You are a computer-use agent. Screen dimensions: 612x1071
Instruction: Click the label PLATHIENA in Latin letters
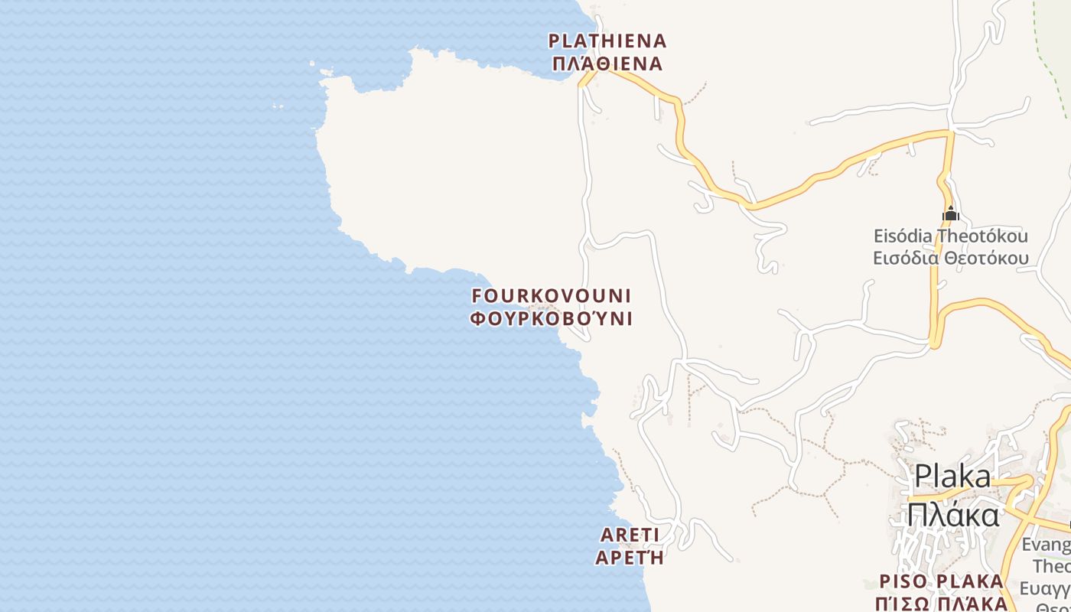coord(607,41)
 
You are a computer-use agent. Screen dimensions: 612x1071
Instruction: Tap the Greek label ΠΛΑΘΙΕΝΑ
coord(607,63)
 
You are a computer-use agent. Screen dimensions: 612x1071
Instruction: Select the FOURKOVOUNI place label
coord(552,295)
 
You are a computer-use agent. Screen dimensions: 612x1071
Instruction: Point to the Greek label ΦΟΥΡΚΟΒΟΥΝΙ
coord(552,318)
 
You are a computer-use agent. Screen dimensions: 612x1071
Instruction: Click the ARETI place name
coord(630,534)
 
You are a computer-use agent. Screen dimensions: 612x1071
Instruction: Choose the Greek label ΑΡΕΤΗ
coord(630,558)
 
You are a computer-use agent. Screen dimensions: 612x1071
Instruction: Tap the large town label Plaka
coord(952,477)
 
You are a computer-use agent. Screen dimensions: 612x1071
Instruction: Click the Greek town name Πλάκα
coord(952,514)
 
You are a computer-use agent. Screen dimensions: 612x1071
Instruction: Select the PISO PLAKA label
coord(941,581)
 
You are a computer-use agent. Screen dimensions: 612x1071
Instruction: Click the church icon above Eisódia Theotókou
coord(950,213)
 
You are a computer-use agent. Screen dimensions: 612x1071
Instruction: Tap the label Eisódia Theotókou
coord(950,236)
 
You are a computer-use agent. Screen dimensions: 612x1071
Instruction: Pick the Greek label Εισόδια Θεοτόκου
coord(950,258)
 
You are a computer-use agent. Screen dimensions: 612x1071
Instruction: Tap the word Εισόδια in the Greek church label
coord(907,258)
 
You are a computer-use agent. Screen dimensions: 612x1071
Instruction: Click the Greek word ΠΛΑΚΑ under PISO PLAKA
coord(967,603)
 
